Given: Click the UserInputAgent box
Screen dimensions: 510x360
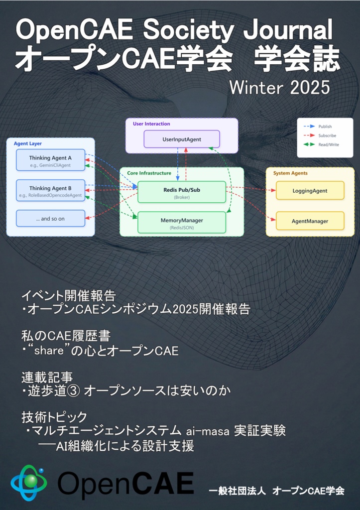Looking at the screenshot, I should click(x=182, y=139).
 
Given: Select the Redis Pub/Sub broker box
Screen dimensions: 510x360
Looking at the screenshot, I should click(x=181, y=192).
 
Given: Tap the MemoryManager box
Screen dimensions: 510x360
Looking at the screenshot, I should click(x=181, y=222).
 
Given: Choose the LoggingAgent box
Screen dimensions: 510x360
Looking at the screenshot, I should click(x=310, y=190).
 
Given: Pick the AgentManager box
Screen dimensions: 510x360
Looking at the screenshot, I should click(x=310, y=221).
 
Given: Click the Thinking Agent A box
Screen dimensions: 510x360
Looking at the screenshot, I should click(x=50, y=160).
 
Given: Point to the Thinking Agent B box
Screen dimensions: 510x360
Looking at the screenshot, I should click(x=50, y=191).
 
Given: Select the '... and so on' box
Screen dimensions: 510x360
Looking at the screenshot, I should click(x=50, y=218).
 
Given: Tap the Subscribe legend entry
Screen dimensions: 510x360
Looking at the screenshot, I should click(x=327, y=135).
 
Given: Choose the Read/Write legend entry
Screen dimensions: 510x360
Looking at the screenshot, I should click(x=327, y=144).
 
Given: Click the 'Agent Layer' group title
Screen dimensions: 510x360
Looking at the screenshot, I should click(x=28, y=143).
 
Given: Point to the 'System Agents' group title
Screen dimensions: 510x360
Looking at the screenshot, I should click(x=290, y=173).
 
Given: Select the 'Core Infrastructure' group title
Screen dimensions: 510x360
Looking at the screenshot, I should click(x=149, y=173).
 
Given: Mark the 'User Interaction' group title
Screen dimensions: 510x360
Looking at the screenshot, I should click(x=151, y=124).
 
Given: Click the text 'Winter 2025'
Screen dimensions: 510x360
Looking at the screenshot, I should click(x=279, y=88).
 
